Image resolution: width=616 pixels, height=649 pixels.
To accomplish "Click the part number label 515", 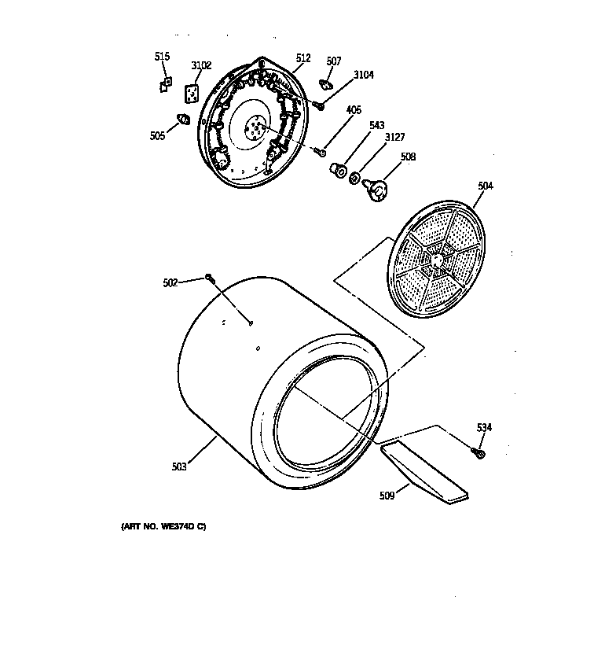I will click(x=162, y=56).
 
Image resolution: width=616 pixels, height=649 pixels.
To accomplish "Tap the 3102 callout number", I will click(x=201, y=65).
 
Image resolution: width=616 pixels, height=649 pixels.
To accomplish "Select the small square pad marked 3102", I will click(x=192, y=94).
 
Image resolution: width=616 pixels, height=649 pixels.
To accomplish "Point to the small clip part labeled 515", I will click(x=165, y=84).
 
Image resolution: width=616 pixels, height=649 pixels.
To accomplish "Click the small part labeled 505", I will click(x=184, y=120).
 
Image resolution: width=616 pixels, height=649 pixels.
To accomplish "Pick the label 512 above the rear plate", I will click(x=302, y=58).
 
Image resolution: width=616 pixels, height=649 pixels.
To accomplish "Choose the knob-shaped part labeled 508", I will click(x=378, y=189).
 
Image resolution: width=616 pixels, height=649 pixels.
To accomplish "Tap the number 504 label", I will click(x=486, y=186).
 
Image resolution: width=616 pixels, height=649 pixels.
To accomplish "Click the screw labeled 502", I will click(x=209, y=276).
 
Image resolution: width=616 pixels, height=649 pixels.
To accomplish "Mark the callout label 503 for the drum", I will click(x=179, y=466).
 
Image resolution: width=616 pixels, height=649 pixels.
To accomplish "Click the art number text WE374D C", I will click(x=163, y=526).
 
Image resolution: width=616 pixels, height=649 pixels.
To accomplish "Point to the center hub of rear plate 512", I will click(x=255, y=126).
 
